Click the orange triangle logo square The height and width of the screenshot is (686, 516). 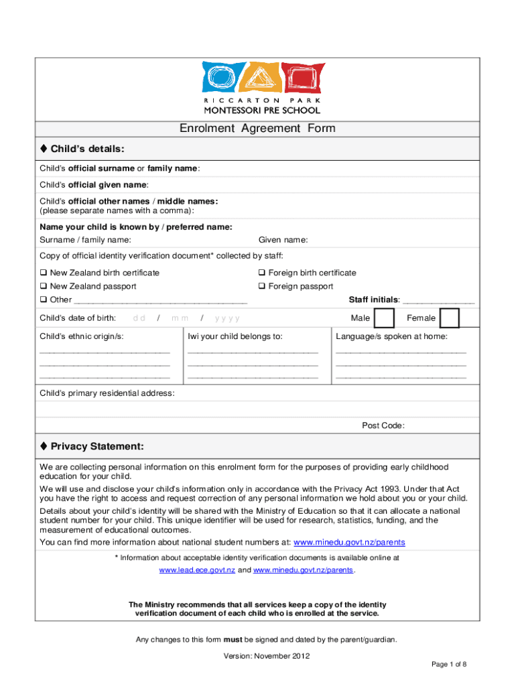261,77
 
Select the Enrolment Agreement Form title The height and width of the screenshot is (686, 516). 257,129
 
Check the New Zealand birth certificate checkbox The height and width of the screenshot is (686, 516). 44,273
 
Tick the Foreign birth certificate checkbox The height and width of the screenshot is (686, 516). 262,273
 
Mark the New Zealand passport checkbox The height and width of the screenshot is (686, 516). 44,287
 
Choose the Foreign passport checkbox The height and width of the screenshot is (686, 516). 262,287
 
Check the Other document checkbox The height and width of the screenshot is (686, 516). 44,300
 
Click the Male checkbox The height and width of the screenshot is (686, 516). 384,318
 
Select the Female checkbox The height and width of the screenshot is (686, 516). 449,318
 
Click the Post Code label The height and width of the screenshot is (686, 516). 383,425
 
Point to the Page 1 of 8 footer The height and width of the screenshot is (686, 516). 449,664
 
